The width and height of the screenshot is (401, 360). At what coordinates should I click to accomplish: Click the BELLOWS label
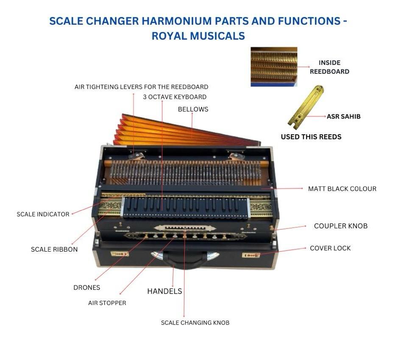tap(193, 109)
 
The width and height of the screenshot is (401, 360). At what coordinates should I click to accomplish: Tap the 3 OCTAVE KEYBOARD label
tap(175, 97)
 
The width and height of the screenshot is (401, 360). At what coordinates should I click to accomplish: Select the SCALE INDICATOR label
tap(43, 214)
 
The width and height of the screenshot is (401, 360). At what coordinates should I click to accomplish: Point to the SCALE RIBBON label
tap(54, 249)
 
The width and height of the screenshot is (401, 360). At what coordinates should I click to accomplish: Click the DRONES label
tap(87, 288)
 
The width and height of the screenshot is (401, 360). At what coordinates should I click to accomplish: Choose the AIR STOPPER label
tap(107, 303)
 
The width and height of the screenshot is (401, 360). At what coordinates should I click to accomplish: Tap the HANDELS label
tap(165, 291)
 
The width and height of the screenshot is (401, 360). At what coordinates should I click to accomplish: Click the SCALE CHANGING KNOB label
tap(195, 323)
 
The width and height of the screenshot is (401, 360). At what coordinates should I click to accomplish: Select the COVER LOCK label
tap(330, 248)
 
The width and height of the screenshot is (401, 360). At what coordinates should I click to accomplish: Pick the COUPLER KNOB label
tap(341, 226)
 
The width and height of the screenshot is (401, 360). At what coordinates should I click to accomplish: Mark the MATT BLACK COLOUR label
tap(342, 189)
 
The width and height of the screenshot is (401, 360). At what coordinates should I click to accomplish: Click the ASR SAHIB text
tap(344, 116)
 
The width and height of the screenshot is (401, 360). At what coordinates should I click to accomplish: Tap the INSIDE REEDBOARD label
tap(330, 67)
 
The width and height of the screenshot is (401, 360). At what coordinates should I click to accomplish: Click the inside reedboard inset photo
tap(274, 66)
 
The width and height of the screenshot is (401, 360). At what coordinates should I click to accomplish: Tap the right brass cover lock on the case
tap(251, 255)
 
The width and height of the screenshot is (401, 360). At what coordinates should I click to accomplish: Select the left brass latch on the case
tap(120, 254)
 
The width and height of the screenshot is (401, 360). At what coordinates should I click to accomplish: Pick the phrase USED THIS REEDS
tap(311, 137)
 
